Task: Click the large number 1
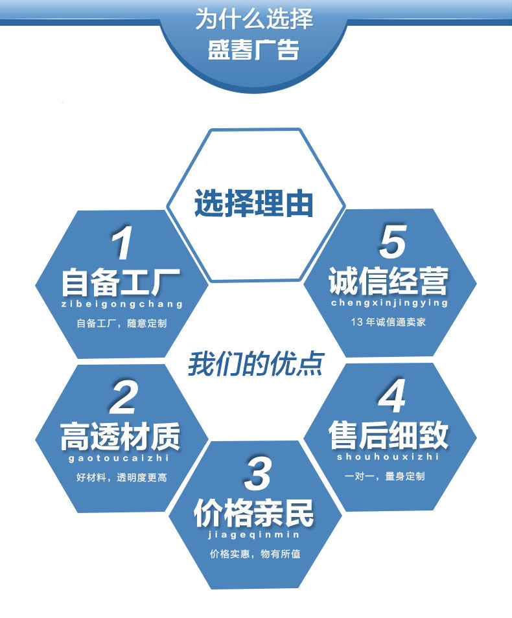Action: (122, 246)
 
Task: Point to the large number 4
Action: (391, 396)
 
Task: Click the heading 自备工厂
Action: (121, 283)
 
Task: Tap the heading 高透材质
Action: (121, 436)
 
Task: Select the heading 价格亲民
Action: (254, 513)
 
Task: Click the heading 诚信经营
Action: (388, 282)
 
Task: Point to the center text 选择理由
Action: (254, 203)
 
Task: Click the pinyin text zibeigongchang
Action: (121, 304)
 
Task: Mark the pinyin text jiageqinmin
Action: (254, 534)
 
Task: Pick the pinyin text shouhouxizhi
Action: (388, 457)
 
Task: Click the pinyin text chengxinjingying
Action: (389, 303)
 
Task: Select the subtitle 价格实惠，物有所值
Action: (255, 554)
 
